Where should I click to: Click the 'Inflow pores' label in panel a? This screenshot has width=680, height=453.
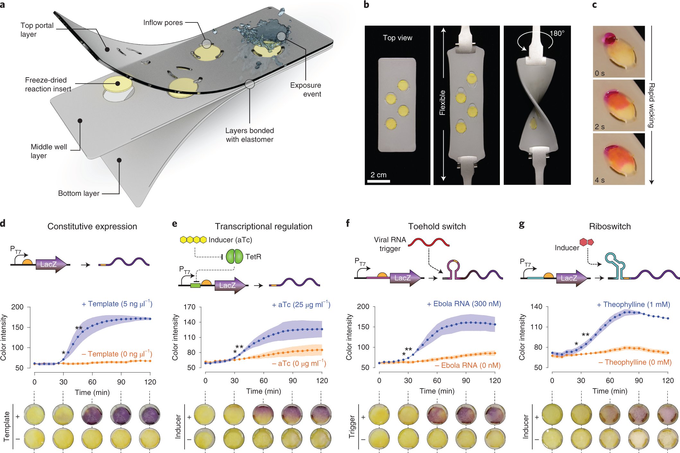click(x=163, y=23)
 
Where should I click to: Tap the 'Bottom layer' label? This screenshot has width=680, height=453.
click(x=79, y=193)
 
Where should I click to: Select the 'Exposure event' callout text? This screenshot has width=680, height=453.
click(x=305, y=89)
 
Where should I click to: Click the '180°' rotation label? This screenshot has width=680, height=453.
click(x=557, y=33)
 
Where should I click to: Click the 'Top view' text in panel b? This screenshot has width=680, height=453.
click(x=397, y=38)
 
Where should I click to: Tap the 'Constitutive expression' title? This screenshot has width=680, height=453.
click(x=92, y=226)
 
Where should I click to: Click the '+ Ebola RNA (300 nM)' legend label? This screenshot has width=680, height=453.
click(x=464, y=304)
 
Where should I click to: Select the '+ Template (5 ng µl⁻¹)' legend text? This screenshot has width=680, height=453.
click(x=117, y=304)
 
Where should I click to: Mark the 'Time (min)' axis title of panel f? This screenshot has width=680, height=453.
click(x=437, y=391)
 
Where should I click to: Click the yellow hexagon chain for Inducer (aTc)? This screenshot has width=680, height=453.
click(x=193, y=240)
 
